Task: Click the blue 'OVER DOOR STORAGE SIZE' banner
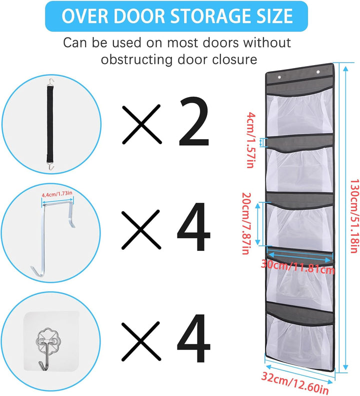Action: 176,16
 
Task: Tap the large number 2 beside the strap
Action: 193,122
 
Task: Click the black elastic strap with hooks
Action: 50,124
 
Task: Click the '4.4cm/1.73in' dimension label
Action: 57,194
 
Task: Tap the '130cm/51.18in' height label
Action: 354,216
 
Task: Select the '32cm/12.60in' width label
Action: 294,382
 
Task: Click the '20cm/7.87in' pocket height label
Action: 246,223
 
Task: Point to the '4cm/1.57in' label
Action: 250,140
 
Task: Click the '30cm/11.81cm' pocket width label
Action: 297,267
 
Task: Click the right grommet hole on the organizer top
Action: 318,72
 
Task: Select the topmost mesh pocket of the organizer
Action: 299,111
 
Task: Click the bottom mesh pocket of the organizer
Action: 299,340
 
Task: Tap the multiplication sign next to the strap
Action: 141,124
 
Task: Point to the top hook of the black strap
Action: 51,81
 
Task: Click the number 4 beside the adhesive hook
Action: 193,338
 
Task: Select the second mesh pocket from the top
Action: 299,169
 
